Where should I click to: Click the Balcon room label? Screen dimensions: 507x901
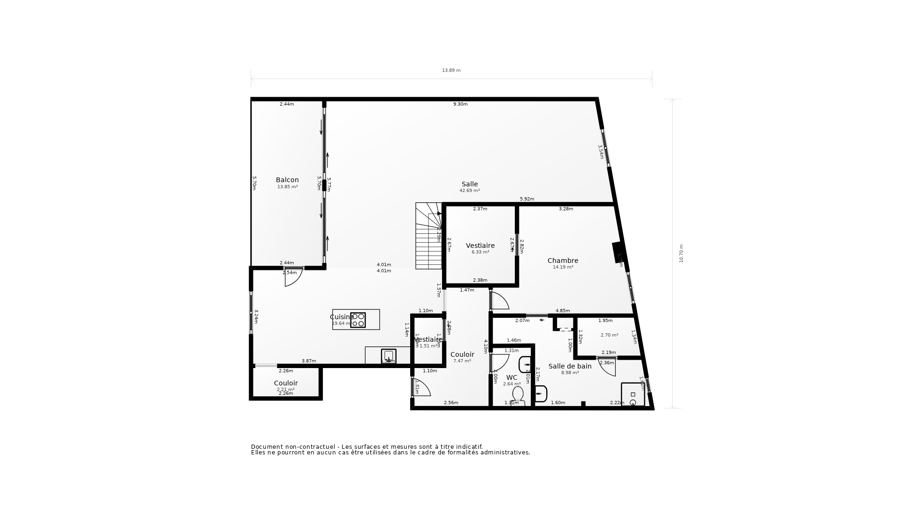[287, 180]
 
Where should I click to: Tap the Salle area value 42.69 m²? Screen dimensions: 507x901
[469, 191]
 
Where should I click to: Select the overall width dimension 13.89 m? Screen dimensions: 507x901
[451, 70]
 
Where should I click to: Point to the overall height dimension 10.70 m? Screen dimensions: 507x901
[681, 253]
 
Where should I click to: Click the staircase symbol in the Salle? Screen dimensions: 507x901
[428, 236]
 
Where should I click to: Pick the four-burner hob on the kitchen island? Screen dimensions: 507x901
[358, 320]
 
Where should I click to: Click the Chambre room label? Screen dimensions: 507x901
[563, 261]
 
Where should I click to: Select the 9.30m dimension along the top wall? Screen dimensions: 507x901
[460, 104]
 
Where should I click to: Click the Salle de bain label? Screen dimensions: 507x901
[570, 366]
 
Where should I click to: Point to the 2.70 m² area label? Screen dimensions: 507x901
[609, 335]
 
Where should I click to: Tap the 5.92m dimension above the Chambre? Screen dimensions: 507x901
[527, 199]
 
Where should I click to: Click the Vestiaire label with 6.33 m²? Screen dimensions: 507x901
[480, 246]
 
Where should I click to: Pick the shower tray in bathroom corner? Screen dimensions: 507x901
[633, 395]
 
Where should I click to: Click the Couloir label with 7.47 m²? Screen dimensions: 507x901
[462, 354]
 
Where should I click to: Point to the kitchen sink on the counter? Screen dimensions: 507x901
[389, 356]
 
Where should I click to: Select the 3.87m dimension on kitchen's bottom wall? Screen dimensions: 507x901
[308, 361]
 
